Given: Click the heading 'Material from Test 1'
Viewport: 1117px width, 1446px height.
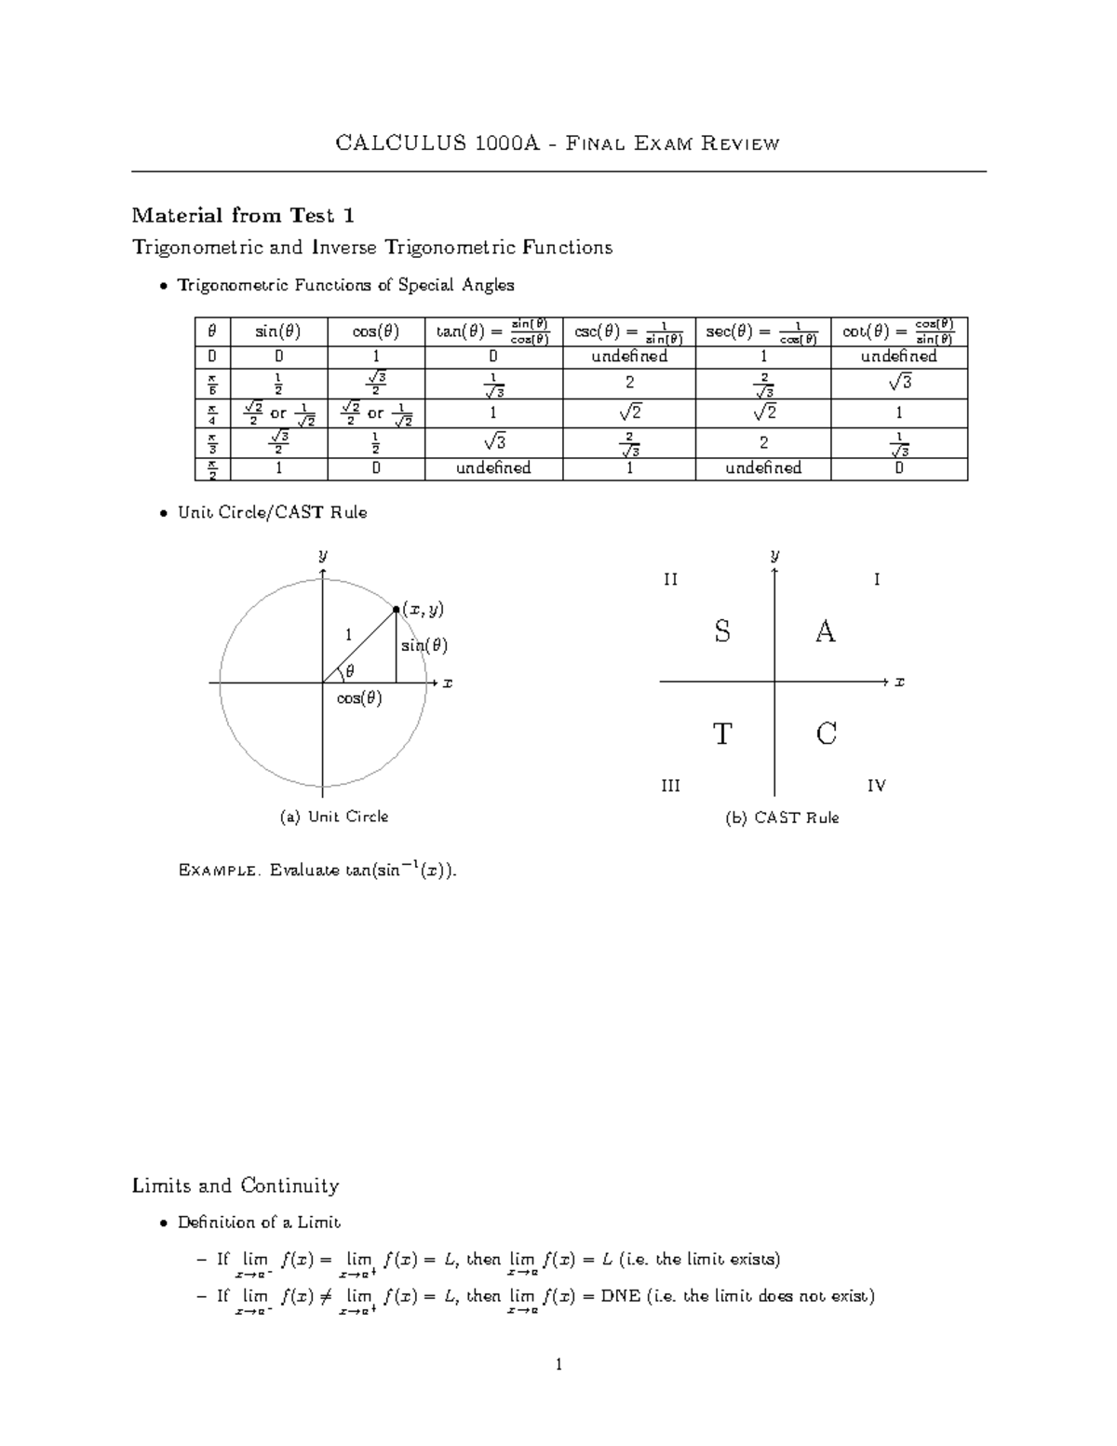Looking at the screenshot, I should point(243,216).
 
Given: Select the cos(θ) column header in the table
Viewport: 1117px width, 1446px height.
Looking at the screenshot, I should point(376,331).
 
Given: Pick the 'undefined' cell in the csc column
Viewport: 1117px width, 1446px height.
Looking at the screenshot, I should point(629,357).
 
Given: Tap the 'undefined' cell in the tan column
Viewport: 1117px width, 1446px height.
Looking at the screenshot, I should point(493,467).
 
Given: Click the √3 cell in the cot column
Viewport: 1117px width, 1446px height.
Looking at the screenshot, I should point(898,382).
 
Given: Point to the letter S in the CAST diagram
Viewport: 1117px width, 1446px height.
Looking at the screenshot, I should point(722,632).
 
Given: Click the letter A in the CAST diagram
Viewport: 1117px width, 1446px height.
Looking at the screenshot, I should point(825,632).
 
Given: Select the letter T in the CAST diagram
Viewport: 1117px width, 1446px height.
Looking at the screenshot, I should point(722,735).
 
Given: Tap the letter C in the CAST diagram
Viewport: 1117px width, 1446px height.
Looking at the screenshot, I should point(826,735).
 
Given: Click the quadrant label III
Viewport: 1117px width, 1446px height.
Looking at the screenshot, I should point(670,786).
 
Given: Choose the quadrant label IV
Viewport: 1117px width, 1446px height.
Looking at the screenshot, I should point(876,786).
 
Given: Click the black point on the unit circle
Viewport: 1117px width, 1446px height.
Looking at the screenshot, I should point(396,609).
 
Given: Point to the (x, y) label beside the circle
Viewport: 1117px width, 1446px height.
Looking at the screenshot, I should point(423,610).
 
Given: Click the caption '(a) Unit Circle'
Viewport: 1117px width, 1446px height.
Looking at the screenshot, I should point(334,817).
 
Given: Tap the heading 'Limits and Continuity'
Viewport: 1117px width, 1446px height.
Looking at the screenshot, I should point(236,1185).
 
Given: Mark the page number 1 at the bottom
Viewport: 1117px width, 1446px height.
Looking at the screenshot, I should point(558,1366).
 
